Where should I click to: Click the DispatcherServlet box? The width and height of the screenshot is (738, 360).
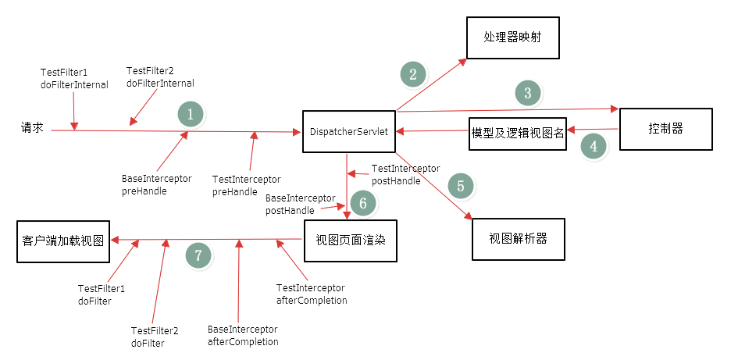point(348,131)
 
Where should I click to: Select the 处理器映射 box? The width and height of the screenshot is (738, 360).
point(512,37)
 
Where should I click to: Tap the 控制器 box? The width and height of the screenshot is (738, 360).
point(665,129)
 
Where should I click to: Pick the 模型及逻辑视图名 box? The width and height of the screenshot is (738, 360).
point(518,131)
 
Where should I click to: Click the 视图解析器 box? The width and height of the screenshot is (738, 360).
point(518,239)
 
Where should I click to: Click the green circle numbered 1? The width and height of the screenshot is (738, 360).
point(190,114)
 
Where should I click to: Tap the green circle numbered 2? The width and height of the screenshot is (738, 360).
point(413,74)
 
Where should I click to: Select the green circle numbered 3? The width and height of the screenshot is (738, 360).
point(528,93)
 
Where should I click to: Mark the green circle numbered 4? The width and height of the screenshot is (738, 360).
point(594,146)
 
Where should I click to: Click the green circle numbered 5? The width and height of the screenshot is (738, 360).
point(461,186)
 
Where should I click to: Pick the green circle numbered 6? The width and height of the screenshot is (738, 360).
point(362,204)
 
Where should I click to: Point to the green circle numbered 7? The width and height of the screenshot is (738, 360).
point(198,255)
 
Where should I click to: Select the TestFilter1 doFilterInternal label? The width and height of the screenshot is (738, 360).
point(74,79)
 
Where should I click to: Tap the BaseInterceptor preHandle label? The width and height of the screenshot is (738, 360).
point(156,185)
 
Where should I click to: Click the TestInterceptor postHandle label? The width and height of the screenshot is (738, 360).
point(405,174)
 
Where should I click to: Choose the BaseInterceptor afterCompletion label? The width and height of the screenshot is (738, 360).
point(243,336)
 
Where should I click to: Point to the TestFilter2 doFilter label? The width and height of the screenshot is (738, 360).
point(154,337)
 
